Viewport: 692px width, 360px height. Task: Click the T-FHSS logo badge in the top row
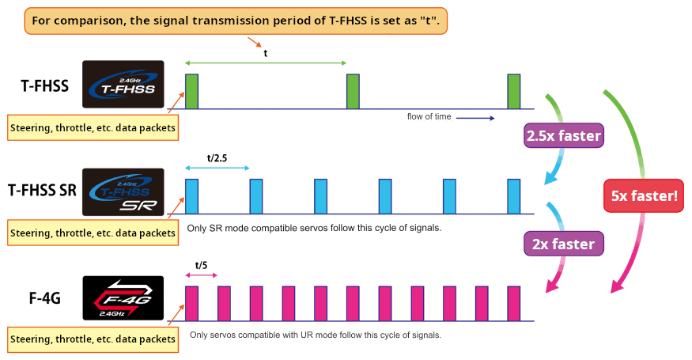123,84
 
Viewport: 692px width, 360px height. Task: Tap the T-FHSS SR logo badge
123,192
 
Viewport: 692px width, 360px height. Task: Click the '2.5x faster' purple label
564,136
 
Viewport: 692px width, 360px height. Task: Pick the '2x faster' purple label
564,244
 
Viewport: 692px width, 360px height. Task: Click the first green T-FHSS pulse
191,91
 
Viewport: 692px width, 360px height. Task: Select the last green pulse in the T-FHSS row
514,91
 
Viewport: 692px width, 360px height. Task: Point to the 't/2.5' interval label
217,157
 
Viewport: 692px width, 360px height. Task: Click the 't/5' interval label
201,266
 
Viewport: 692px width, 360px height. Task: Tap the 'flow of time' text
429,117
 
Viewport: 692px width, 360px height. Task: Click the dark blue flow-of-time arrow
475,118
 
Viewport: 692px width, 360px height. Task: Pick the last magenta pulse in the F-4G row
514,304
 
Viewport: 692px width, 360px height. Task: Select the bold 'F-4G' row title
44,299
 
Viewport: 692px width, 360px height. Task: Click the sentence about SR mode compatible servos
313,228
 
